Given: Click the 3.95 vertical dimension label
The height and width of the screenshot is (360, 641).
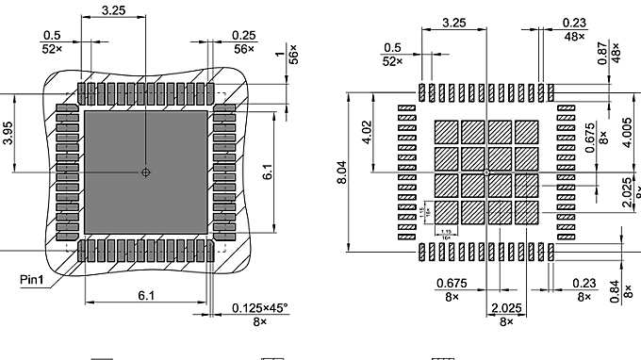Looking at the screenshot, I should click(x=8, y=133).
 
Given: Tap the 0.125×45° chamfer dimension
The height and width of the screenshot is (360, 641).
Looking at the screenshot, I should click(x=260, y=308).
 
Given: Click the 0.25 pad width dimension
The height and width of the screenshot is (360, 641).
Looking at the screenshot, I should click(x=243, y=36).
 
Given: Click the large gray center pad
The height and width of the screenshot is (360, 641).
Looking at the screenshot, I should click(x=145, y=172).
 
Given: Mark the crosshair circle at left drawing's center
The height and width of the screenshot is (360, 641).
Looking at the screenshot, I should click(x=145, y=172).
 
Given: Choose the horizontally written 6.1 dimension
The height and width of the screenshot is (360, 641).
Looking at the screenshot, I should click(x=146, y=296).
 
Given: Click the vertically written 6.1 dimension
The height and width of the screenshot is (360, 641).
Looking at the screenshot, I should click(x=268, y=172).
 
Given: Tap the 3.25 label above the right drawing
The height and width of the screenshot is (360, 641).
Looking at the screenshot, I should click(x=453, y=22).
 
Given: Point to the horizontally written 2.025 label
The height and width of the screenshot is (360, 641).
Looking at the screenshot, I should click(x=506, y=308).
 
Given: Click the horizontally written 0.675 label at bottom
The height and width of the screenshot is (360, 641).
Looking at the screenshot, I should click(x=452, y=283).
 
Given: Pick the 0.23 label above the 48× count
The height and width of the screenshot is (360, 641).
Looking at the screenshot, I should click(x=573, y=22).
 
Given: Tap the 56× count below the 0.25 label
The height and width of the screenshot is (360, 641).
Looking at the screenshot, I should click(x=245, y=48).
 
